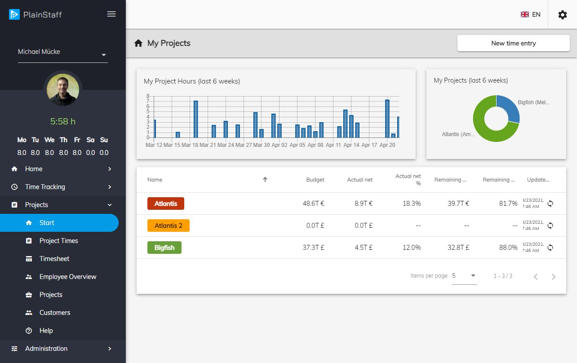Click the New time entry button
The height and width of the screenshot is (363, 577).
tap(513, 43)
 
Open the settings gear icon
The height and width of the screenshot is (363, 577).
tap(562, 15)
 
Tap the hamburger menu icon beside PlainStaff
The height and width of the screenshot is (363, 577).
tap(111, 14)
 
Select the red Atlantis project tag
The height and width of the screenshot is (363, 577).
tap(165, 204)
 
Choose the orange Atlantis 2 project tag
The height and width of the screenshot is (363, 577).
tap(168, 226)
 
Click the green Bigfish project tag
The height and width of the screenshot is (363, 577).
tap(164, 248)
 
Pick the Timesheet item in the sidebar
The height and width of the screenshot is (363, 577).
tap(54, 259)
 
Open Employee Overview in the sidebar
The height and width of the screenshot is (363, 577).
tap(67, 277)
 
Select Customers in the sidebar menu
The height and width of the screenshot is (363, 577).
tap(54, 313)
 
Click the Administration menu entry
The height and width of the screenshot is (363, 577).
tap(46, 349)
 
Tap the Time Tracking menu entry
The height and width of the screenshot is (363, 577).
tap(45, 187)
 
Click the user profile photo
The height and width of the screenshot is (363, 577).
tap(63, 90)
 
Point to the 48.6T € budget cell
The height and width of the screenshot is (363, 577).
tap(313, 204)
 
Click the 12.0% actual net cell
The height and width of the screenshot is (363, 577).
tap(412, 248)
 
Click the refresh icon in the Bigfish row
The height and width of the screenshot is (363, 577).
tap(550, 248)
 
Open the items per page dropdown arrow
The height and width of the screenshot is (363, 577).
tap(473, 275)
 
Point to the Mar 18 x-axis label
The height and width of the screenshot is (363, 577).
tap(190, 145)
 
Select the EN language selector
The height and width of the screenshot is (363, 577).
tap(531, 15)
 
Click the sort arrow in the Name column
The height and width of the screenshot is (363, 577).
tap(265, 180)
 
